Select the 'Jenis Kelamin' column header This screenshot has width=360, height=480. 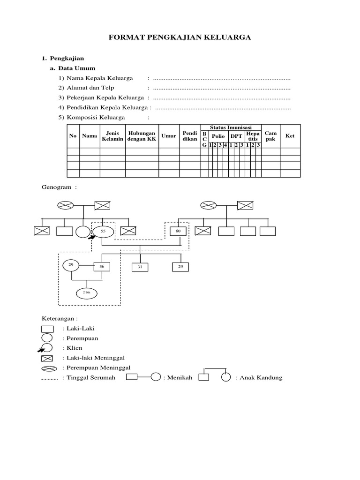click(112, 136)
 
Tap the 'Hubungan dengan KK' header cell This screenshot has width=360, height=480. click(142, 136)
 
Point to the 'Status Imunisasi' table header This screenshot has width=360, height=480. click(231, 127)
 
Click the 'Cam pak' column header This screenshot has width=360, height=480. click(270, 136)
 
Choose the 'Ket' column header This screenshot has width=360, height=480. click(290, 136)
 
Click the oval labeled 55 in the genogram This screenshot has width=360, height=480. click(103, 231)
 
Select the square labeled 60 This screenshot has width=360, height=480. click(178, 231)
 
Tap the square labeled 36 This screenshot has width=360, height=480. click(102, 266)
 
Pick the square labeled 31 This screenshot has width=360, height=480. click(140, 267)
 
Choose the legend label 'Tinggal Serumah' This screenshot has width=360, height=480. click(90, 377)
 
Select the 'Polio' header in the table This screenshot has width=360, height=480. click(218, 136)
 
